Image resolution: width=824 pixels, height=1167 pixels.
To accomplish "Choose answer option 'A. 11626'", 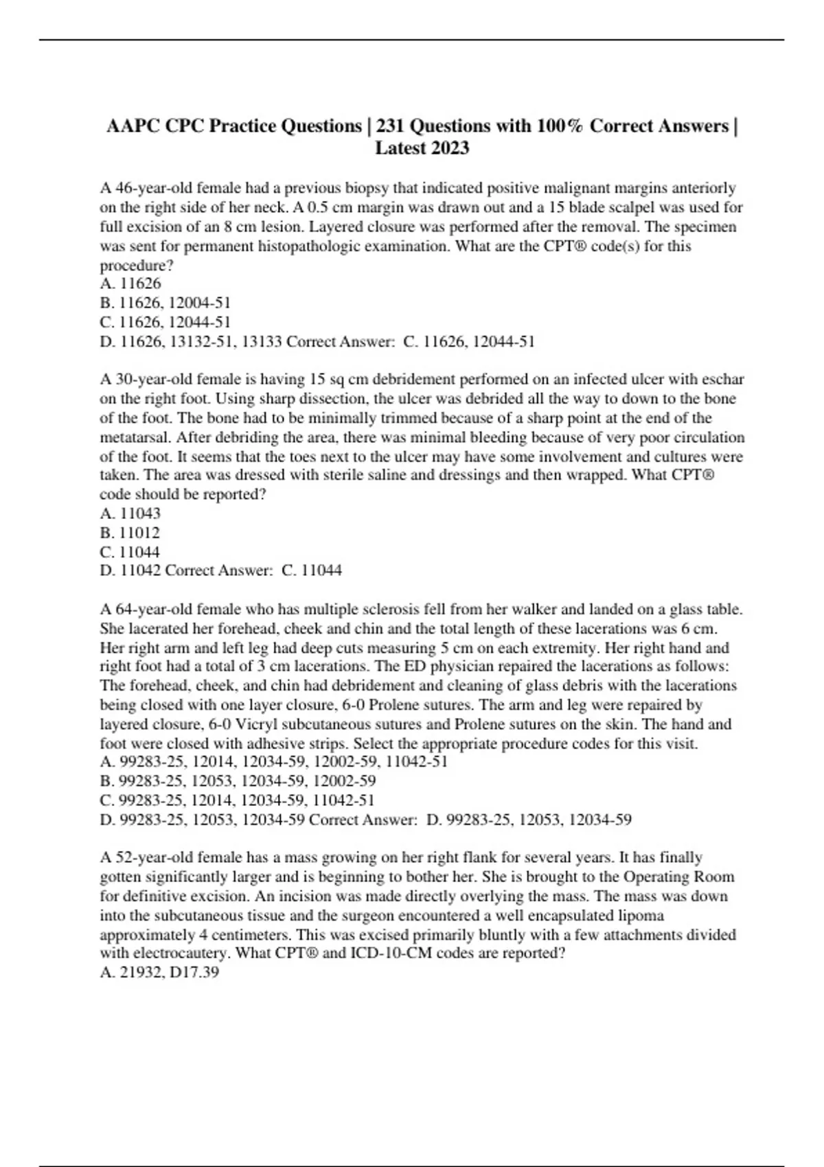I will (x=130, y=284).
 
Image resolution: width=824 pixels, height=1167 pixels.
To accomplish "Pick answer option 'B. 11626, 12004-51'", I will (x=165, y=303).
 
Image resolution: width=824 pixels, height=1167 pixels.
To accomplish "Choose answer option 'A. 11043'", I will (x=130, y=513).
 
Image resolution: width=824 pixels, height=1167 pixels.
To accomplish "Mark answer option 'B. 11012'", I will (x=130, y=532).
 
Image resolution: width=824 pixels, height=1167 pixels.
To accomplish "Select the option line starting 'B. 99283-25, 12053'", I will (x=238, y=781).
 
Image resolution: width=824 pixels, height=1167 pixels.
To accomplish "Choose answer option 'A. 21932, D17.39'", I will (x=159, y=972).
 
